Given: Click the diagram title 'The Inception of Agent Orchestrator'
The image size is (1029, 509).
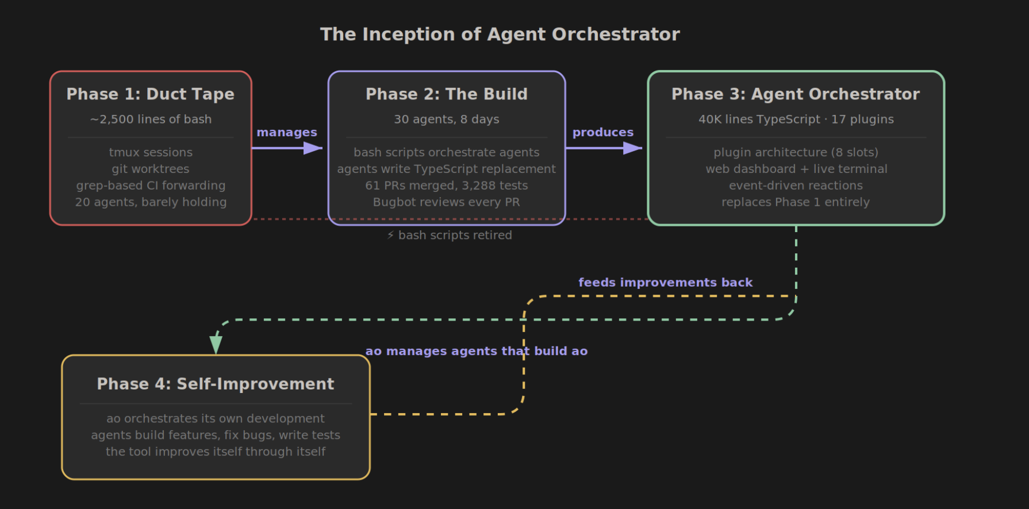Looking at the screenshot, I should coord(500,34).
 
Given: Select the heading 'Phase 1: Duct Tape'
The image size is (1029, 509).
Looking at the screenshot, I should coord(151,94).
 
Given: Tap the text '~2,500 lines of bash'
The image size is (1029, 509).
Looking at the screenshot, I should coord(151,119).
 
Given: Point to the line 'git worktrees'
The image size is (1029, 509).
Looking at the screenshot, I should coord(151,169).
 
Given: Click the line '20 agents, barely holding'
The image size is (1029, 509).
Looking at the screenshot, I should coord(151,202).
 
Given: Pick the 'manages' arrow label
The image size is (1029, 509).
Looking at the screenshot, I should coord(287,133).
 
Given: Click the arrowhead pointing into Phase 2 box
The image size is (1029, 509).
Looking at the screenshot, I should coord(313,148).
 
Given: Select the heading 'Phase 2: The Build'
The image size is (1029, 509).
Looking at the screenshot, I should coord(446,94).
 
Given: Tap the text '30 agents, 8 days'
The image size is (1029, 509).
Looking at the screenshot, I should coord(446,119).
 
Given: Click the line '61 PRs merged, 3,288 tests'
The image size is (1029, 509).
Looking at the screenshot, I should coord(446,186).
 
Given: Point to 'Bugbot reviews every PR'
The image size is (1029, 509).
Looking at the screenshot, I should coord(446,202).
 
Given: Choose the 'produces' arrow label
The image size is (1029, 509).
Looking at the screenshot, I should coord(602,133).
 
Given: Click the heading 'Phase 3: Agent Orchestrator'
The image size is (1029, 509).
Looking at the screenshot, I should coord(796,94).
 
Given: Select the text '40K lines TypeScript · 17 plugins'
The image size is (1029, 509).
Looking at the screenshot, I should coord(796,119).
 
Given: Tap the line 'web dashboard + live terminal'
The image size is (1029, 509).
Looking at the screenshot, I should coord(796,169).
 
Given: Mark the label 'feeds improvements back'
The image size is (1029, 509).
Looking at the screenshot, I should coord(665,283).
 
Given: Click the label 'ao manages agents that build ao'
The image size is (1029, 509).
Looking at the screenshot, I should coord(476,351).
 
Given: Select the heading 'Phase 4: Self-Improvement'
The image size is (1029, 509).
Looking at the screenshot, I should coord(216,384).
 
